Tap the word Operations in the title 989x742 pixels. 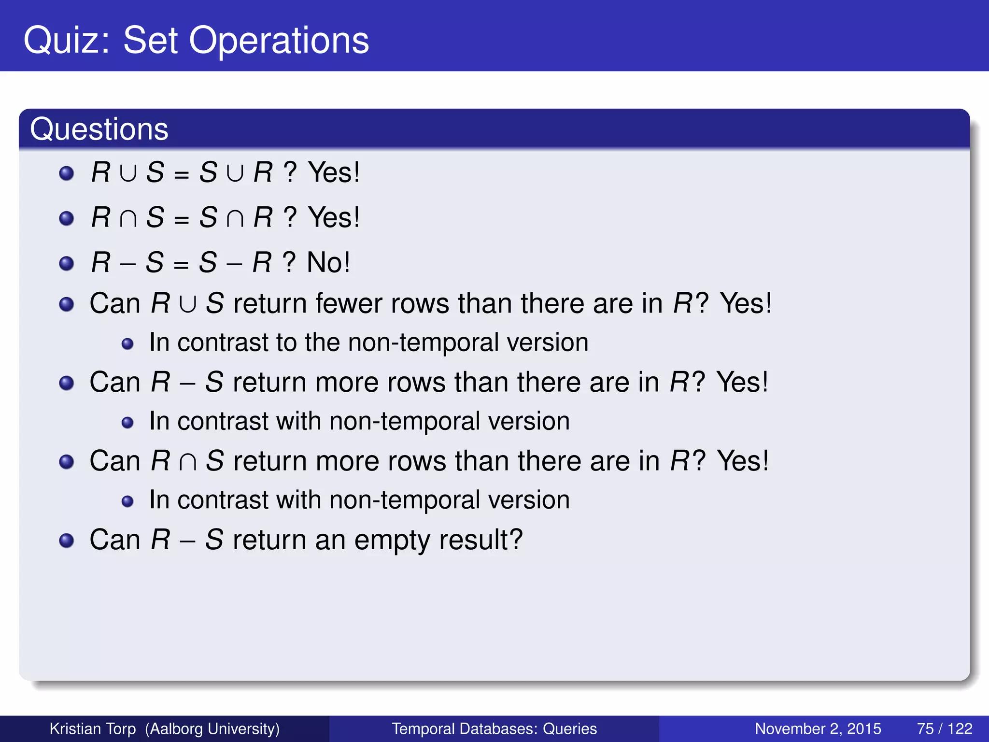coord(279,41)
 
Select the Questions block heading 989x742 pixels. coord(99,129)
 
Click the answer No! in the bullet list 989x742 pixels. coord(328,262)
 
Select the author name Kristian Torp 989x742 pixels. coord(93,728)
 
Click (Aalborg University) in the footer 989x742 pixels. coord(212,728)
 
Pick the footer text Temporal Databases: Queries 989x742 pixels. coord(494,728)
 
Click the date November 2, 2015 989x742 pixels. coord(818,728)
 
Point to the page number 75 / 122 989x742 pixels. coord(945,728)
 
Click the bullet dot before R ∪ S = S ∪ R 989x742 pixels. coord(66,173)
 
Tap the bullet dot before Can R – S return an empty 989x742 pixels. coord(66,541)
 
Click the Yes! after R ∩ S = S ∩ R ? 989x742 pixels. coord(334,217)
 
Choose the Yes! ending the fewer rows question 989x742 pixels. coord(746,303)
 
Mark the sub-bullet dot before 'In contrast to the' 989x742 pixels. coord(127,344)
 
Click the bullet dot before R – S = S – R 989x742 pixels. coord(66,264)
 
